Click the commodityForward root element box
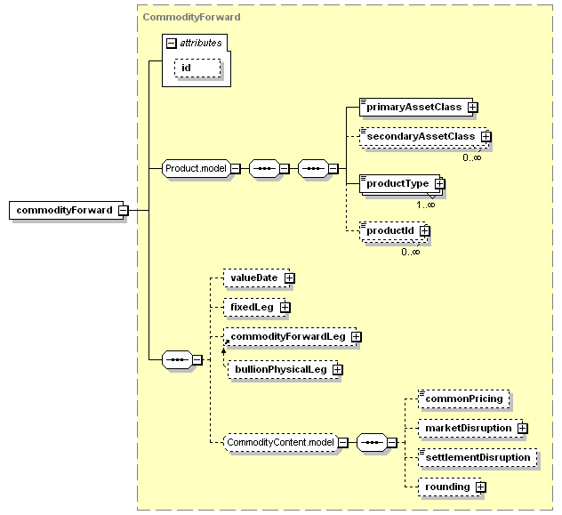67,211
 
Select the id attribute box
197,68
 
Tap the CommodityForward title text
192,17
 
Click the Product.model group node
196,168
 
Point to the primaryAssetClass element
416,107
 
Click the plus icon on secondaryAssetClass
486,137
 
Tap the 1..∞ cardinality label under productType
426,205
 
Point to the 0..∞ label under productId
411,252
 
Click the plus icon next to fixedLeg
285,308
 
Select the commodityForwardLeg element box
290,336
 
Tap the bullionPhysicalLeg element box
283,369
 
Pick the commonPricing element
464,398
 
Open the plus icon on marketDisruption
523,428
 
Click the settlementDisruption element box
478,458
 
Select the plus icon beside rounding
481,487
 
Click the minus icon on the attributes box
172,44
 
